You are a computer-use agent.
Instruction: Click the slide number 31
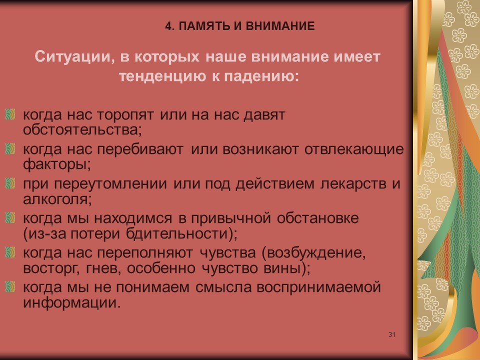click(x=391, y=334)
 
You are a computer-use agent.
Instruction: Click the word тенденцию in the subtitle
click(x=159, y=75)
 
